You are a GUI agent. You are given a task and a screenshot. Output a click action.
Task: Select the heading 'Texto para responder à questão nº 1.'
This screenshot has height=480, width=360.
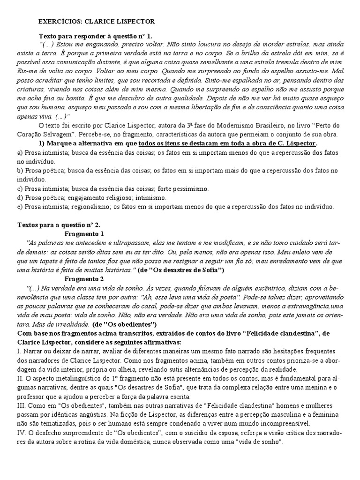pyautogui.click(x=95, y=36)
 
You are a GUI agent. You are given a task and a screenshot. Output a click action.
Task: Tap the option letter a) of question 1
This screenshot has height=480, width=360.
pyautogui.click(x=20, y=153)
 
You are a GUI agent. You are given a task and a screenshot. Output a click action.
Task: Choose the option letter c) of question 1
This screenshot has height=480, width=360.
pyautogui.click(x=20, y=188)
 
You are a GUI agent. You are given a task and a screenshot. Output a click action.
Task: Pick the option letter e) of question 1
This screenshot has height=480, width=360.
pyautogui.click(x=20, y=206)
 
